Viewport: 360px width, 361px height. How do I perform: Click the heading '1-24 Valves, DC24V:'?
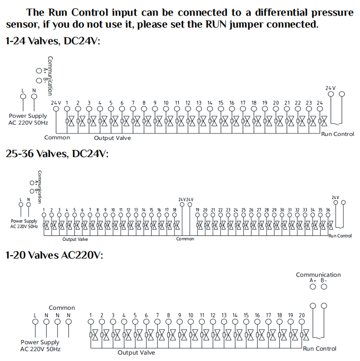coord(53,41)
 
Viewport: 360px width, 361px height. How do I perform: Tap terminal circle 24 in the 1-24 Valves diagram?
coord(320,109)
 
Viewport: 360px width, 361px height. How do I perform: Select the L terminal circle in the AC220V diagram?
coord(35,322)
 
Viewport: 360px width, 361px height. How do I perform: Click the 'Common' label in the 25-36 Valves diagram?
coord(185,239)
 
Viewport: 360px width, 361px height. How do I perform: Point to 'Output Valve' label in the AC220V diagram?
coord(136,353)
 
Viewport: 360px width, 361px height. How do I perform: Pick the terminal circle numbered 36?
coord(328,215)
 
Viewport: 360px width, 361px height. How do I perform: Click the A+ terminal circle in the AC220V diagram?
coord(313,287)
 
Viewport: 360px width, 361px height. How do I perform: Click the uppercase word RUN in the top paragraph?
coord(216,24)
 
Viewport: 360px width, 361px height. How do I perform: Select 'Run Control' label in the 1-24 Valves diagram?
coord(337,134)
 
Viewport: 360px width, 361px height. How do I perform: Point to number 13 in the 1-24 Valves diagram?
coord(199,102)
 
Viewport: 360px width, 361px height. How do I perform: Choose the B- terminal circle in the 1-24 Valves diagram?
coord(39,80)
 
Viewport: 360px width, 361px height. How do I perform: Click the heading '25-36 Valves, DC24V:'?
coord(57,154)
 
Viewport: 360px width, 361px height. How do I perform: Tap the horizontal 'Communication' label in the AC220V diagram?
coord(318,275)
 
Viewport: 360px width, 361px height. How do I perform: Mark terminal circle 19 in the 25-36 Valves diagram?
coord(197,215)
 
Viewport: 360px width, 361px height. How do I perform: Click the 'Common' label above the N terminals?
coord(62,308)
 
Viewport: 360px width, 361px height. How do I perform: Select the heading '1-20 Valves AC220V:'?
coord(54,255)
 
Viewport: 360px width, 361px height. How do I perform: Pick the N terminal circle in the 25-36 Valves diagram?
coord(29,204)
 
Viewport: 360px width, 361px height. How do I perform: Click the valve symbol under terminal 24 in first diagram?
coord(323,121)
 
